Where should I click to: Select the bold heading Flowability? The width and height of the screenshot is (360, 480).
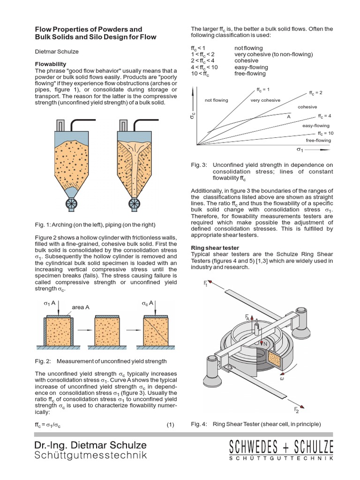tap(51, 64)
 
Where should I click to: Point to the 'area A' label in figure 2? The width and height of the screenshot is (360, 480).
tap(81, 307)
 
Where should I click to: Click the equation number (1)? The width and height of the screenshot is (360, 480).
tap(170, 425)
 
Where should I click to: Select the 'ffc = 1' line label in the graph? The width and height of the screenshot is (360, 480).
tap(262, 89)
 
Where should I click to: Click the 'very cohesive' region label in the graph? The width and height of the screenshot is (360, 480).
tap(265, 100)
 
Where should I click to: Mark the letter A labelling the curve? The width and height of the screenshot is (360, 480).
tap(289, 116)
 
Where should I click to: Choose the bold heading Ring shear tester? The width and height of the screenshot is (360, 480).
tap(215, 247)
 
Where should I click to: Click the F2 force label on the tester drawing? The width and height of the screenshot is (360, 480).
tap(296, 410)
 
